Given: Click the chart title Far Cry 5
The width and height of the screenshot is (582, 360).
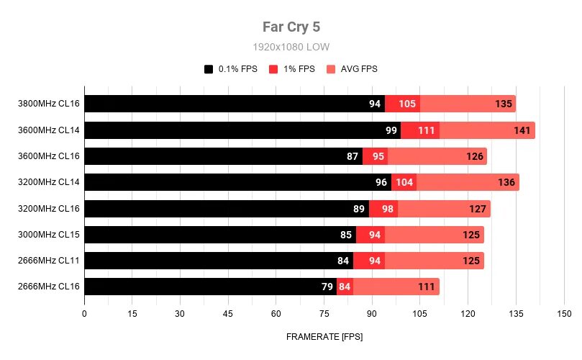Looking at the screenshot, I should tap(291, 27).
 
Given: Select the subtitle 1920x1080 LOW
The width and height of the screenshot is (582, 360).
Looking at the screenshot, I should tap(291, 47).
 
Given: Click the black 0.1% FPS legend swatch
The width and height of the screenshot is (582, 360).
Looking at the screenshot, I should tap(209, 69).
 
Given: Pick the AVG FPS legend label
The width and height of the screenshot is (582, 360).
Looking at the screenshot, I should tap(359, 69).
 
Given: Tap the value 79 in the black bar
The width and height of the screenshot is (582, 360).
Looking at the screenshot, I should tap(327, 287).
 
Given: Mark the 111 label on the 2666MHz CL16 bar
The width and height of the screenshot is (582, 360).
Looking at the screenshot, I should tap(427, 287).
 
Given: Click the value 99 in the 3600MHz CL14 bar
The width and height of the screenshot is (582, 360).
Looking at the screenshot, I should tap(391, 130).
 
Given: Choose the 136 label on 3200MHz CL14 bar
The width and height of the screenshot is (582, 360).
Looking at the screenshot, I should tap(506, 182).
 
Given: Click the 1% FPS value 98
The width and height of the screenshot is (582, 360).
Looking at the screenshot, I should tap(388, 209).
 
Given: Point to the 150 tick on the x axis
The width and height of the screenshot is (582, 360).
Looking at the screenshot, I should tap(564, 314).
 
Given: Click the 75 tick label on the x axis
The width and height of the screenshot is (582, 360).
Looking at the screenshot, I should tap(324, 314).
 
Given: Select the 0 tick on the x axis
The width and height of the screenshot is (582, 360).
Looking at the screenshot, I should tap(85, 314).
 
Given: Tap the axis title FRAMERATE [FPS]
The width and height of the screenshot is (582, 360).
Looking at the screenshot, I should tap(324, 337).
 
